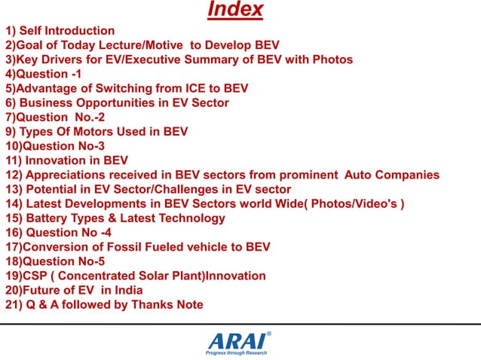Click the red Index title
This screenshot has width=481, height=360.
pyautogui.click(x=235, y=10)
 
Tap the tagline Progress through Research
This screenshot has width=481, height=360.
pyautogui.click(x=236, y=352)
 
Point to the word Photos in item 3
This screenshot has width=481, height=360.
pyautogui.click(x=335, y=59)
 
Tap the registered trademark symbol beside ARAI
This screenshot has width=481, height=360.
pyautogui.click(x=269, y=332)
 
